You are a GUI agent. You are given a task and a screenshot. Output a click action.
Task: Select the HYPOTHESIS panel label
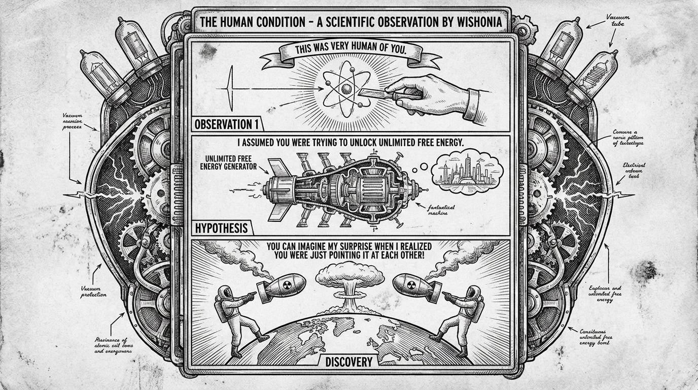221,228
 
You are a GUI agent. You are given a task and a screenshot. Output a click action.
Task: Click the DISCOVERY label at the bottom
348,362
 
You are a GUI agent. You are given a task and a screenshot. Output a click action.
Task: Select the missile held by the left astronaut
281,285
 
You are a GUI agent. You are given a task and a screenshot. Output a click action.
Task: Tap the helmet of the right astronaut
474,293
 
